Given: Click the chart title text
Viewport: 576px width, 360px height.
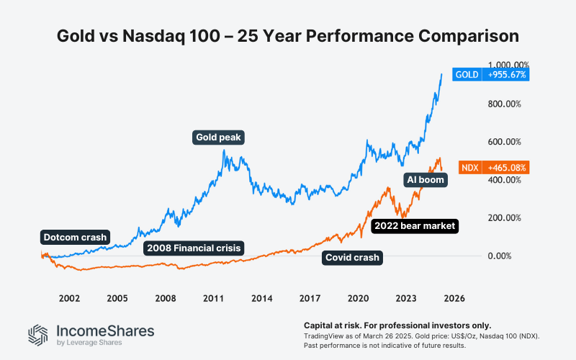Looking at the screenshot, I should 288,35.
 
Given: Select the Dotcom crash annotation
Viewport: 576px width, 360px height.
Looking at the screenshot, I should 74,237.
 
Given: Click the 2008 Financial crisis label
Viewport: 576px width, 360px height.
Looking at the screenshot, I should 194,248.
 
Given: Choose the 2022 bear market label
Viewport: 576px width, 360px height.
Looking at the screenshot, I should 414,226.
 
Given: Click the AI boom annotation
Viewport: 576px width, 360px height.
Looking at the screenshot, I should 424,179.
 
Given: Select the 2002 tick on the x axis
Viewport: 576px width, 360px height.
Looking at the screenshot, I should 69,297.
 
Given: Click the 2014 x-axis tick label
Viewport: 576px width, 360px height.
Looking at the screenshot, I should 261,297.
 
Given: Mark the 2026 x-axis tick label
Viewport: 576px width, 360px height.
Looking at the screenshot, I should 454,297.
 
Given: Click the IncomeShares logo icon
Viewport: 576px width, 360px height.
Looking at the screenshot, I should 38,334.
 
